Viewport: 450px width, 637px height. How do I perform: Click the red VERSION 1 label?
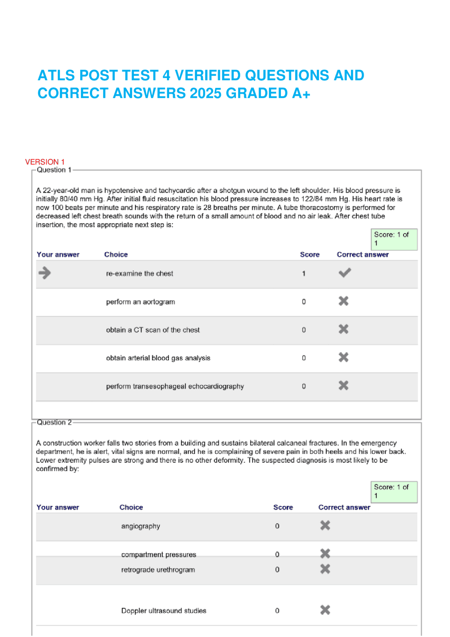tap(45, 162)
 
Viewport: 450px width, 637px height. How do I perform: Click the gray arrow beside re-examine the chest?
tap(45, 273)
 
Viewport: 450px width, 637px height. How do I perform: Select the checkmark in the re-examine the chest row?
tap(345, 273)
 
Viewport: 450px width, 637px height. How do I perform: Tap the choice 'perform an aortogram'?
tap(140, 302)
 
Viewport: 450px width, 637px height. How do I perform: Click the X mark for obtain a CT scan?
tap(343, 329)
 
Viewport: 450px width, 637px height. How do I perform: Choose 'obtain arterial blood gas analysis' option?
tap(158, 358)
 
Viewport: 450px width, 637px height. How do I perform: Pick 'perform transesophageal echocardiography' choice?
tap(175, 386)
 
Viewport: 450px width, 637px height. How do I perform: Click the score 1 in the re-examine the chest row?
tap(304, 274)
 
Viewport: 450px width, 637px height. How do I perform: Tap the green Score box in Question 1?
tap(394, 239)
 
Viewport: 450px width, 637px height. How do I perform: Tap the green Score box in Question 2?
tap(394, 492)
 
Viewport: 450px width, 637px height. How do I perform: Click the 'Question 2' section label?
tap(54, 422)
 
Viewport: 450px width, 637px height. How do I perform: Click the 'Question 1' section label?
tap(54, 170)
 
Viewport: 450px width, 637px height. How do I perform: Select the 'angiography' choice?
tap(141, 526)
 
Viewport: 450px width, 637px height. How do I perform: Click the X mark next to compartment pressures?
tap(325, 554)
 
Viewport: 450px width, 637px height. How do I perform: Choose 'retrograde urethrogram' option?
tap(158, 570)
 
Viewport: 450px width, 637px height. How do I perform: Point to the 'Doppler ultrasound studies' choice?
tap(163, 611)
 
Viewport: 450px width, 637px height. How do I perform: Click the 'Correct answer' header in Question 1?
tap(362, 255)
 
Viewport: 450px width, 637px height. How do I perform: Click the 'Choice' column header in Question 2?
tap(131, 507)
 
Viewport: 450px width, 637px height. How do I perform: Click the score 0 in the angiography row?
tap(277, 526)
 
